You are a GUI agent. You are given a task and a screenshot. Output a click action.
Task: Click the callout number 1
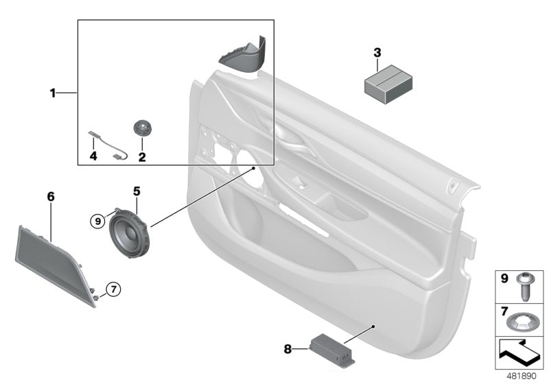tap(52, 93)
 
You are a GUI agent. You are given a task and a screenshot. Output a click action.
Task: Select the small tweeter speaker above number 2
tap(142, 128)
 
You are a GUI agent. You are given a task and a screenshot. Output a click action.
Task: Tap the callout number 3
tap(377, 53)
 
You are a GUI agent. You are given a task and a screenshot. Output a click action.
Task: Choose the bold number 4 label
tap(94, 158)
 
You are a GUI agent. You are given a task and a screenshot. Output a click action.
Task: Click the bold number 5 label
tap(136, 191)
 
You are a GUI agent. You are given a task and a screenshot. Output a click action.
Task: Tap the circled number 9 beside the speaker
tap(99, 220)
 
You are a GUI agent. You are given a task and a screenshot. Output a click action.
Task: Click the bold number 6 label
tap(50, 197)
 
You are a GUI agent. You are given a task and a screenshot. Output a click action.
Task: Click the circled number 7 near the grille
tap(114, 289)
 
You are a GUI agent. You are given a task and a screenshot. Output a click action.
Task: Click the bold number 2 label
tap(142, 158)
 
